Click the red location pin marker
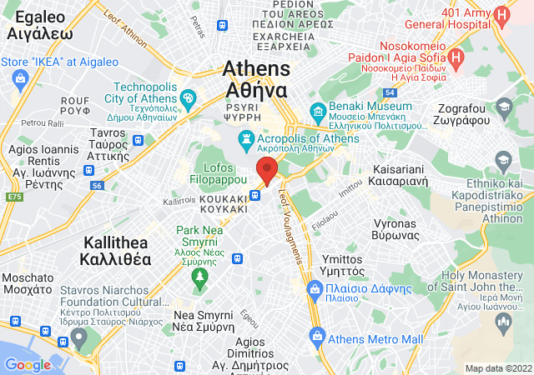tap(267, 170)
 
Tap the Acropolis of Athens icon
tap(246, 138)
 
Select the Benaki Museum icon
tap(318, 112)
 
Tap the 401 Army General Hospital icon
tap(501, 15)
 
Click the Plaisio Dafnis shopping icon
tap(315, 289)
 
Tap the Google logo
tap(28, 364)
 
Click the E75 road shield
tap(13, 197)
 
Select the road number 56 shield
tap(97, 185)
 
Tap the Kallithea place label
tap(117, 250)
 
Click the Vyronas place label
tap(394, 230)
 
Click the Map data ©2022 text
tap(498, 368)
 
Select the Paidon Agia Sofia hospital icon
tap(456, 57)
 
